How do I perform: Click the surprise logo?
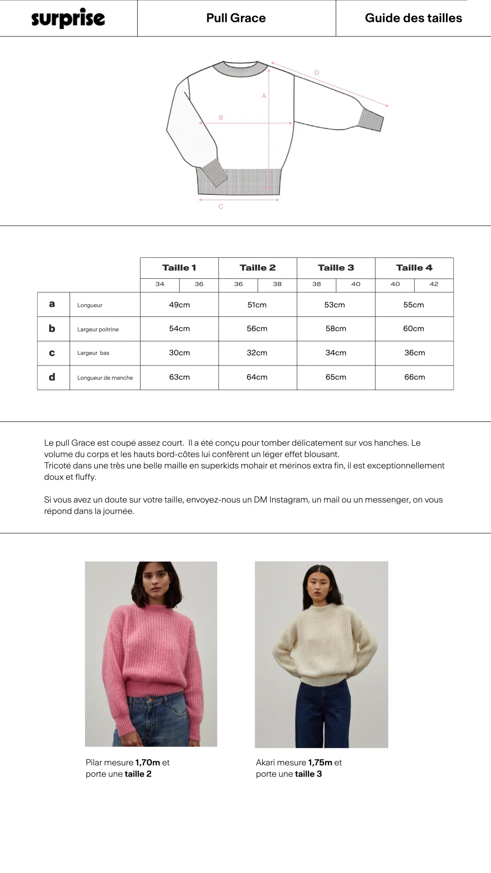point(68,18)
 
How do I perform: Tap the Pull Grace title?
point(236,18)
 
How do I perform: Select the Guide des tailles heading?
point(413,18)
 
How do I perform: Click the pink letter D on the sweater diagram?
point(317,73)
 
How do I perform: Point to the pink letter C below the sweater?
point(221,207)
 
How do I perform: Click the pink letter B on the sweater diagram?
point(221,118)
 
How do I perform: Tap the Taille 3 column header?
point(336,268)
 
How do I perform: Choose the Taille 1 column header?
point(179,268)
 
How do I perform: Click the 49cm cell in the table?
point(179,305)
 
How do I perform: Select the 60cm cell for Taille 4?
point(414,329)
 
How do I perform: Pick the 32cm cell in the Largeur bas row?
point(257,353)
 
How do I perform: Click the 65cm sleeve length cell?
point(336,377)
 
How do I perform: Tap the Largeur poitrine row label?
point(98,330)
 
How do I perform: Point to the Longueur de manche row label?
point(105,378)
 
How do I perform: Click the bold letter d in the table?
point(52,377)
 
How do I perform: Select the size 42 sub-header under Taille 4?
point(434,284)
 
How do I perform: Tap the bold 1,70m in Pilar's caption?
point(148,763)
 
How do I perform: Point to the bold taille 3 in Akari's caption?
point(308,774)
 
